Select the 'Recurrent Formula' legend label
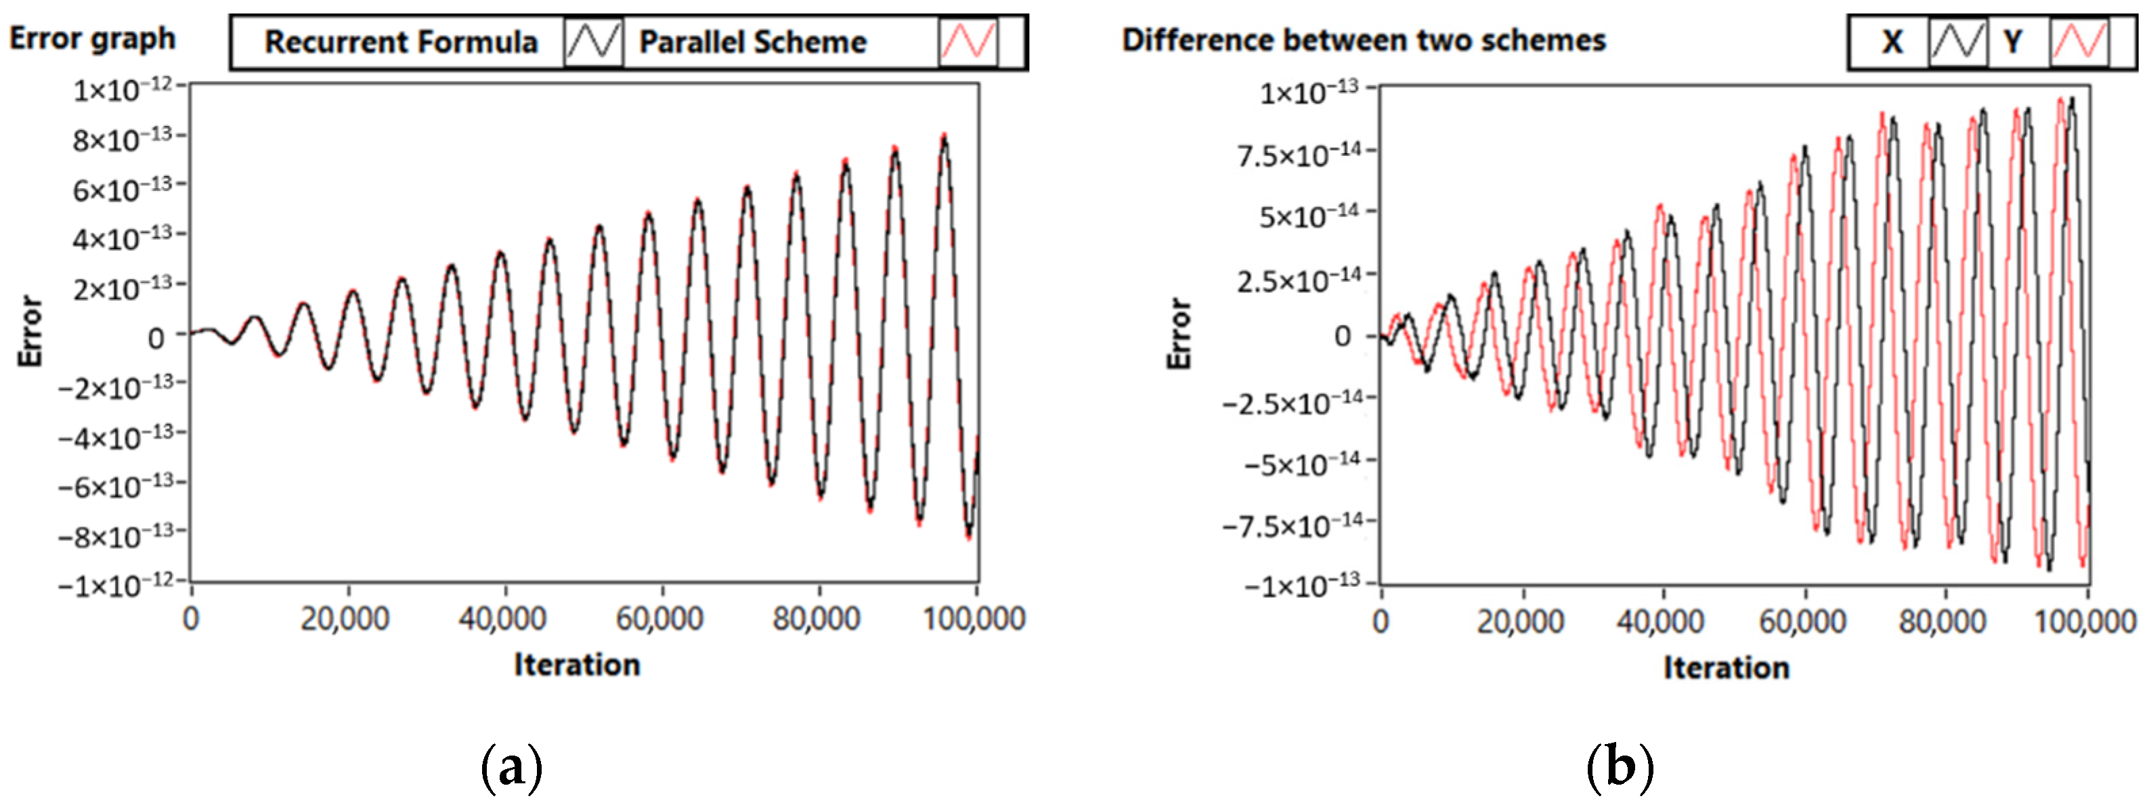[x=401, y=42]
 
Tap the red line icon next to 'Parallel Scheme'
[x=968, y=42]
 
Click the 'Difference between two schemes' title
[x=1363, y=40]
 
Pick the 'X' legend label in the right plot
[x=1892, y=42]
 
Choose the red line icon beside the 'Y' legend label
[x=2078, y=42]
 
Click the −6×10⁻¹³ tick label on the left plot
[x=116, y=486]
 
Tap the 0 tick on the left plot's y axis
[x=156, y=338]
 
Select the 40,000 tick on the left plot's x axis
[x=502, y=619]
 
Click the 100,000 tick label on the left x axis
[x=974, y=619]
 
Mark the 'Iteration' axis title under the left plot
[x=577, y=664]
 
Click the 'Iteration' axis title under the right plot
[x=1726, y=668]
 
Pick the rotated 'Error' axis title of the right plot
[x=1179, y=334]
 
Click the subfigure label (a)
[x=512, y=766]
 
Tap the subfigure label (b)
[x=1620, y=766]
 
